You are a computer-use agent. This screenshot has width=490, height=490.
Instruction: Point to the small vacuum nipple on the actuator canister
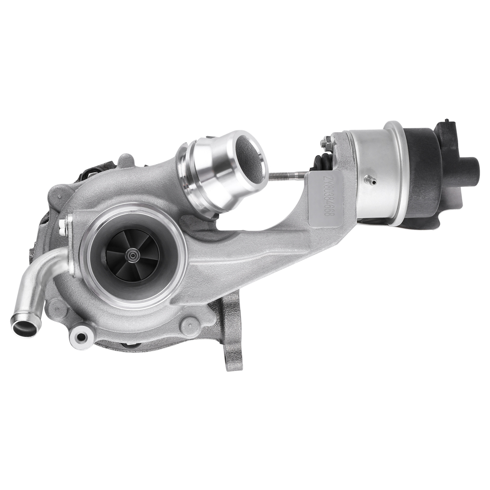[373, 181]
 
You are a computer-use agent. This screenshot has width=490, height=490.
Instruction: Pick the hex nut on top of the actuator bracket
[327, 142]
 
